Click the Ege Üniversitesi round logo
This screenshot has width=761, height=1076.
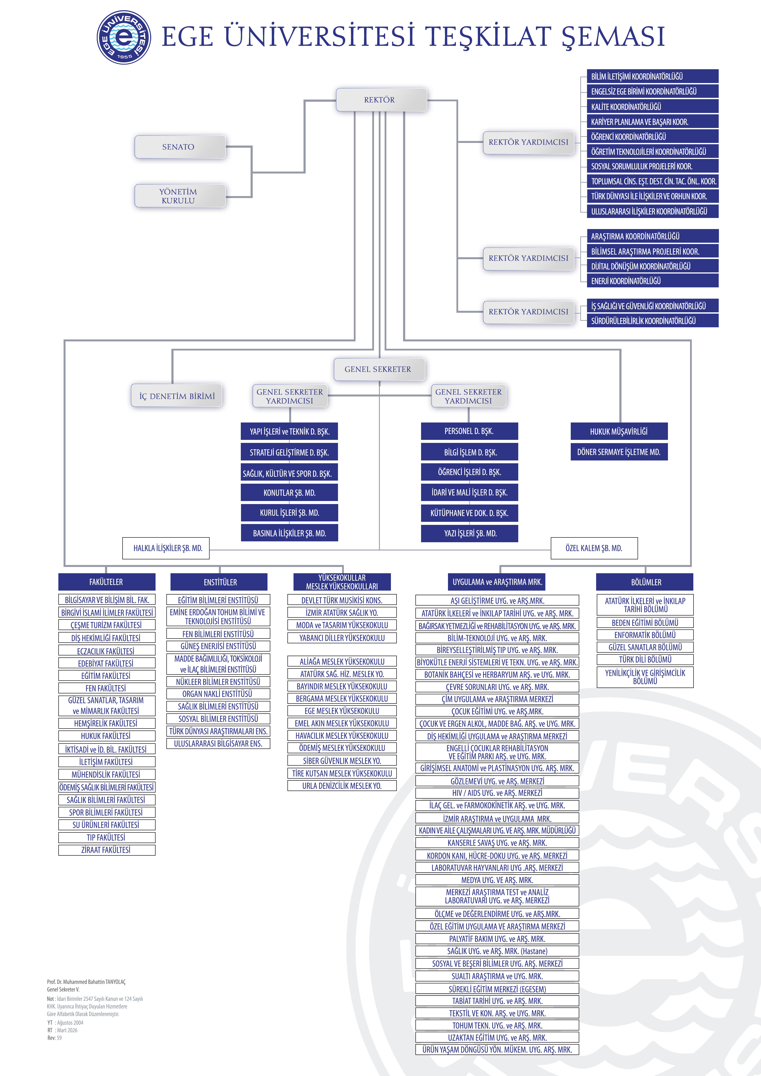coord(124,38)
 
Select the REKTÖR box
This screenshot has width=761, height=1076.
coord(381,100)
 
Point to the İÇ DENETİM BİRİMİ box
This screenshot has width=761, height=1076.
coord(177,396)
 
